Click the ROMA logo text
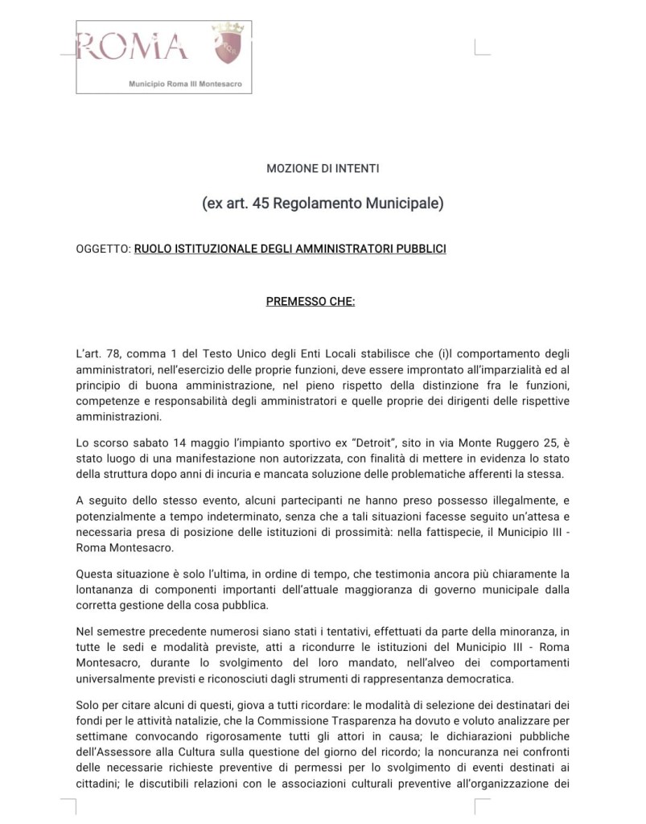pos(133,46)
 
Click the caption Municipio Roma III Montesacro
pos(185,84)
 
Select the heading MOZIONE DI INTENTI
pos(323,169)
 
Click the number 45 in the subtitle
pos(260,204)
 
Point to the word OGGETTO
pos(102,249)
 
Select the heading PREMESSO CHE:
pos(311,302)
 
